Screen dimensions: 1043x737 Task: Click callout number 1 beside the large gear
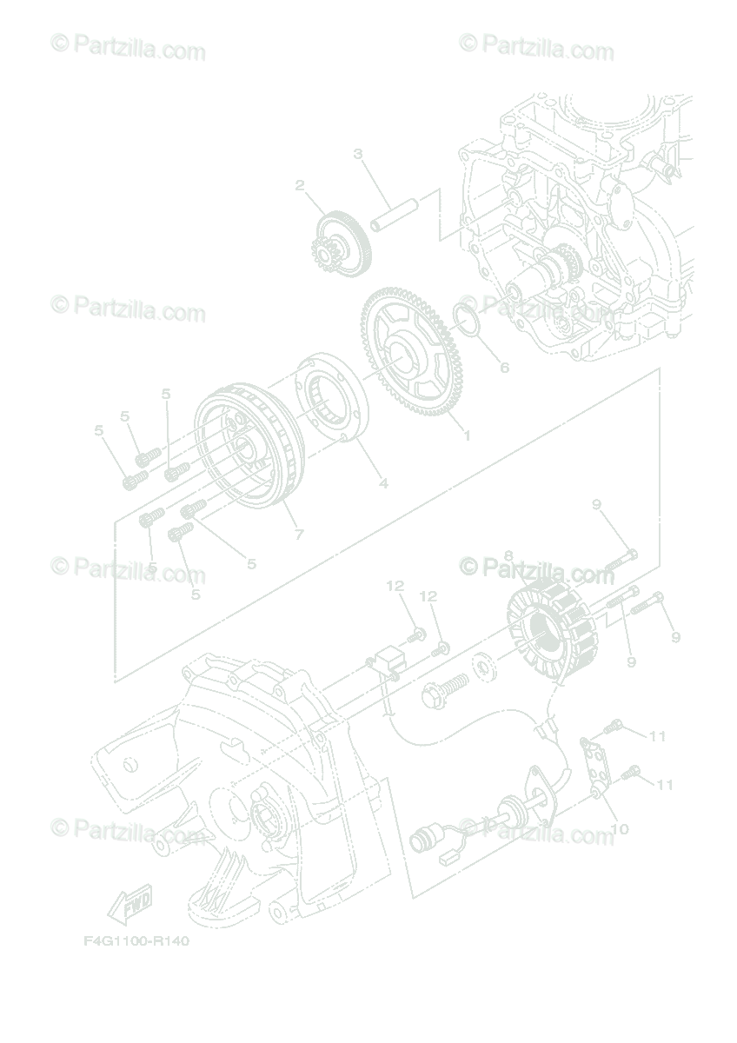tap(466, 435)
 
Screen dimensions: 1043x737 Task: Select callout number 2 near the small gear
tap(300, 185)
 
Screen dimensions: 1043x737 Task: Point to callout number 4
tap(382, 483)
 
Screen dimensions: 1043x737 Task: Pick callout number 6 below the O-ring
tap(504, 368)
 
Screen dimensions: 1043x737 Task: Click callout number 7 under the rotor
tap(299, 535)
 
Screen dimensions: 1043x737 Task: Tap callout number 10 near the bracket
tap(620, 829)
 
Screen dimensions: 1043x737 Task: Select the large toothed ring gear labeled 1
tap(414, 351)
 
